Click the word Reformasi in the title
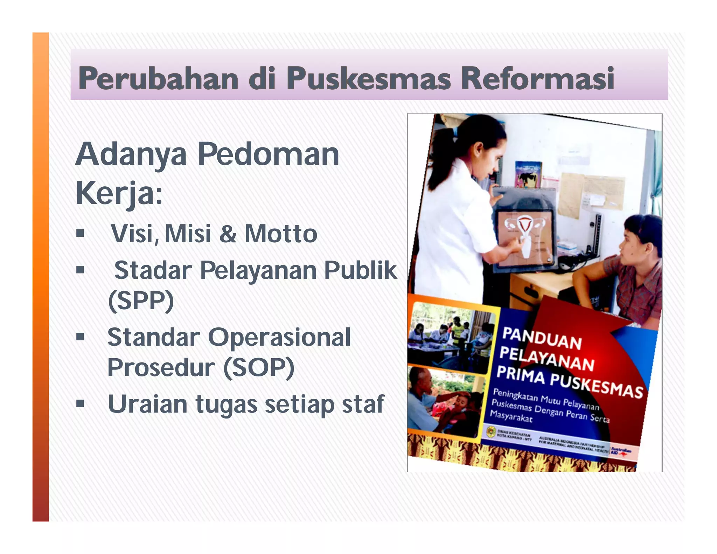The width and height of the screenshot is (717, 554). [x=537, y=78]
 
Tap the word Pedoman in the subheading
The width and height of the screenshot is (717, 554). [x=269, y=154]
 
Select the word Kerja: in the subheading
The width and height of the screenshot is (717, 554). [x=119, y=194]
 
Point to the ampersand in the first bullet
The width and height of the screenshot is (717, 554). [x=228, y=234]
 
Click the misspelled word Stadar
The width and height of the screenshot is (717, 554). [x=153, y=270]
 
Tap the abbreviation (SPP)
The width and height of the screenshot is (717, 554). [x=141, y=300]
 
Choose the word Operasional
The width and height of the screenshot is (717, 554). [x=279, y=337]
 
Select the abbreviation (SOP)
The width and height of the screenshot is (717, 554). [x=259, y=367]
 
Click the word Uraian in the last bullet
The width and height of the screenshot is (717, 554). [x=147, y=404]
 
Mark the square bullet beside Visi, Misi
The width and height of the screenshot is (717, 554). [x=80, y=233]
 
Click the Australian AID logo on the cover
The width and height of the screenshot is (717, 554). [x=620, y=452]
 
